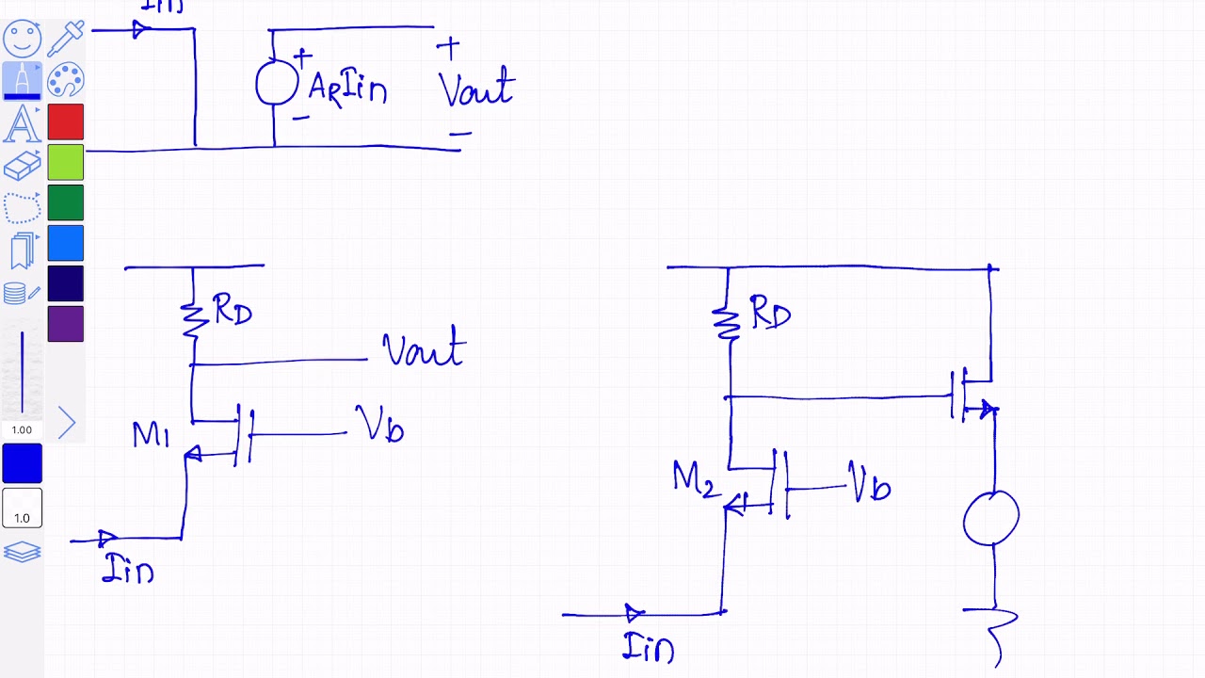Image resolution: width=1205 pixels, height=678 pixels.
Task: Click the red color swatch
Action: (66, 121)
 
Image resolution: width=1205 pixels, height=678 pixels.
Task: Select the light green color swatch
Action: (66, 162)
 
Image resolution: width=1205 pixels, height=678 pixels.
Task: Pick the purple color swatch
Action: (66, 324)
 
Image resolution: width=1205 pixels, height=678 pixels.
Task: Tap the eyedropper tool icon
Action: (66, 38)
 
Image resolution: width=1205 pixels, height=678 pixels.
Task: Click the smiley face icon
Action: (22, 39)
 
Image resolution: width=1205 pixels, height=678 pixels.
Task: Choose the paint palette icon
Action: (66, 80)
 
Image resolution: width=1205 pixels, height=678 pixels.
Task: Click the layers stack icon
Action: (22, 552)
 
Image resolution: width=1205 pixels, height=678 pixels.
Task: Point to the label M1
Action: (151, 435)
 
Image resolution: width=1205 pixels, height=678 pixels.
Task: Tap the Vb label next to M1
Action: (380, 425)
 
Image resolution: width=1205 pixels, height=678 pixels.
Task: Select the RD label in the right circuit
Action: (770, 314)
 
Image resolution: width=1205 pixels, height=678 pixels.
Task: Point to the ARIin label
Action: (347, 89)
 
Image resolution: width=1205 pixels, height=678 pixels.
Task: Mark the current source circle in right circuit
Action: (991, 518)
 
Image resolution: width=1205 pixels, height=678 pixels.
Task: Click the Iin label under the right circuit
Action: (649, 648)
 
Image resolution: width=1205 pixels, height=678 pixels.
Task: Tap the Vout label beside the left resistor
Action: (424, 348)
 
